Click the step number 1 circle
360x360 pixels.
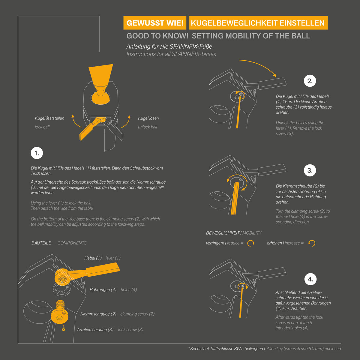tap(37, 153)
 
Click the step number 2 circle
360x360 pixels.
tap(310, 81)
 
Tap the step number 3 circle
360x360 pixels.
tap(310, 170)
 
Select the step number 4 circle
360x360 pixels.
tap(310, 279)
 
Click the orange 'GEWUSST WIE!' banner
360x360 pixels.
tap(155, 23)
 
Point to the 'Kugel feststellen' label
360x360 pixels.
tap(49, 118)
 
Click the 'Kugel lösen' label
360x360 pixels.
tap(148, 118)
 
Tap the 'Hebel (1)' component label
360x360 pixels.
tap(93, 258)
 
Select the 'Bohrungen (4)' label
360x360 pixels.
tap(103, 289)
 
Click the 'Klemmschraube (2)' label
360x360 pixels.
tap(98, 314)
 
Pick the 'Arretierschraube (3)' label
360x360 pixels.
tap(95, 329)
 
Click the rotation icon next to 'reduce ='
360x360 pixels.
tap(251, 243)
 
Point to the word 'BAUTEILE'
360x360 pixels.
tap(41, 243)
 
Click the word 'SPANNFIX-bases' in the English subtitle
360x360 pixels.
tap(194, 54)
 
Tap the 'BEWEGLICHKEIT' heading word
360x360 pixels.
tap(223, 233)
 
